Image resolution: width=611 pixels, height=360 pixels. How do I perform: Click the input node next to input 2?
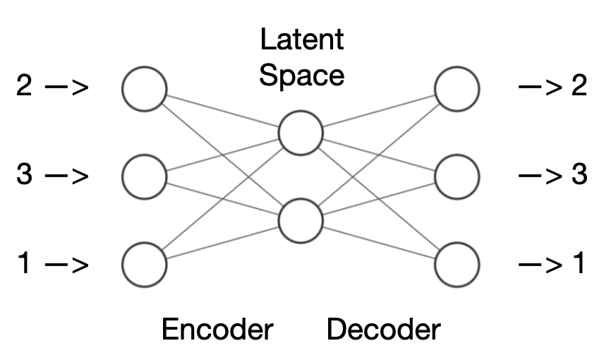(x=145, y=89)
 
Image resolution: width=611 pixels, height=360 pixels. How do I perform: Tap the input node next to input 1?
(x=145, y=265)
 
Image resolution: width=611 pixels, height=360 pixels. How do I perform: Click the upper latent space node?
(x=301, y=132)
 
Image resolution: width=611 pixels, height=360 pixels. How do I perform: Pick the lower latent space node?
(x=301, y=221)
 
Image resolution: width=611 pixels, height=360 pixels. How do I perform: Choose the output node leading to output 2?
(x=457, y=89)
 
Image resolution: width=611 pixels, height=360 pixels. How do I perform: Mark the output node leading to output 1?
(x=457, y=265)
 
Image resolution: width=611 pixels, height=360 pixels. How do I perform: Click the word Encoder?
(x=217, y=330)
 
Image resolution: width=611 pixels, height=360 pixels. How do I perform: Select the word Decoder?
(x=384, y=330)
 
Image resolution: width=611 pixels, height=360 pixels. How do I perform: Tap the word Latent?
(x=302, y=40)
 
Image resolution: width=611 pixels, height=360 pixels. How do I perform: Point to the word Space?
(x=302, y=75)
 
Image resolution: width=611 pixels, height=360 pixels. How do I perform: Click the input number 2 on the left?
(x=25, y=88)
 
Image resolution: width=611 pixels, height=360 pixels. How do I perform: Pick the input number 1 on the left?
(x=25, y=264)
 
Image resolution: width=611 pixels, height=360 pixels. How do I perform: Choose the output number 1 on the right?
(x=579, y=264)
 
